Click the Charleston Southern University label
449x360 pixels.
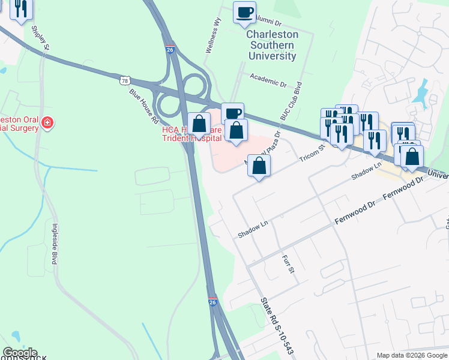pyautogui.click(x=272, y=45)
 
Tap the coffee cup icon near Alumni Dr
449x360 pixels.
pyautogui.click(x=244, y=12)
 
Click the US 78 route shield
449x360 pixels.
pyautogui.click(x=124, y=80)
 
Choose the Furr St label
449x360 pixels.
pyautogui.click(x=289, y=264)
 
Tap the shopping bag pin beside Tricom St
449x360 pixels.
pyautogui.click(x=259, y=166)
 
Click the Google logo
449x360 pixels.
pyautogui.click(x=20, y=353)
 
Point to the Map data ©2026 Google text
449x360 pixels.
pyautogui.click(x=412, y=355)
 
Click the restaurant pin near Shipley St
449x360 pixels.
pyautogui.click(x=20, y=8)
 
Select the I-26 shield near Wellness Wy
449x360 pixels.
pyautogui.click(x=170, y=50)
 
